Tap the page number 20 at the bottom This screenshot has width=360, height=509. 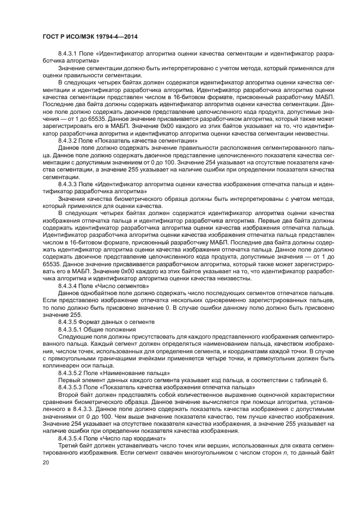click(x=46, y=462)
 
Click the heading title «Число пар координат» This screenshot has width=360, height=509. click(x=126, y=438)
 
